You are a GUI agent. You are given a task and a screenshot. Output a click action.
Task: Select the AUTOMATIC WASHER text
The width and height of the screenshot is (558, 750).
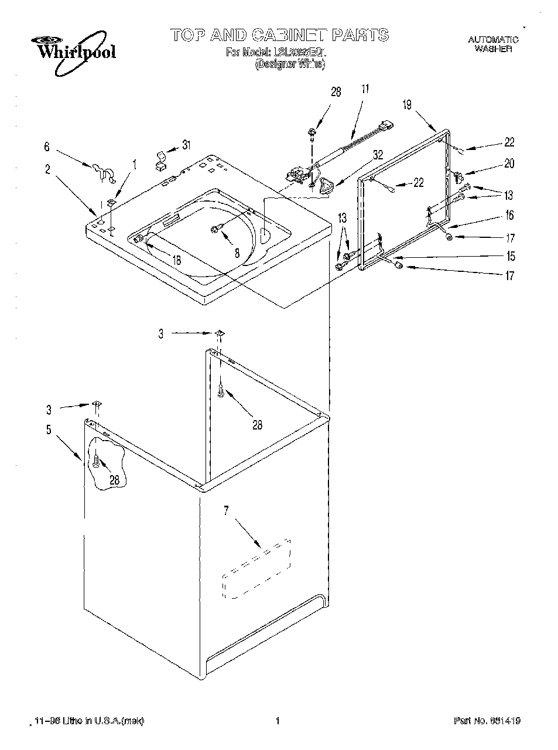tap(493, 45)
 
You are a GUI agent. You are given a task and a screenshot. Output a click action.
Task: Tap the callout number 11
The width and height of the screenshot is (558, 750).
tap(365, 89)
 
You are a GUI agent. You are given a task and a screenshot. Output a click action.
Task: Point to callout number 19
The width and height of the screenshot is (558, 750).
tap(408, 105)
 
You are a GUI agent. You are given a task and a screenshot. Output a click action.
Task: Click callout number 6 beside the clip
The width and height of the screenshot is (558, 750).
tap(47, 148)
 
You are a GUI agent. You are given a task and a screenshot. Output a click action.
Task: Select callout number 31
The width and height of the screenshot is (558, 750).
tap(186, 145)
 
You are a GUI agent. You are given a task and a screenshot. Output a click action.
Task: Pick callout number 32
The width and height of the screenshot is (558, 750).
tap(378, 155)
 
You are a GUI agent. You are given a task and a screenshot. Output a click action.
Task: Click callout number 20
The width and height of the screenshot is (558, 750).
tap(509, 164)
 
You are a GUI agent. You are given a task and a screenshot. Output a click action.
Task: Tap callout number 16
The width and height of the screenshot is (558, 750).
tap(509, 216)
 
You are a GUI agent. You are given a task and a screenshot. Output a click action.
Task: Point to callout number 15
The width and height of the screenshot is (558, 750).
tap(511, 256)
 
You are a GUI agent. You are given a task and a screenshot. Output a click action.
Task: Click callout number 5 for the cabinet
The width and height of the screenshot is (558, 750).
tap(49, 429)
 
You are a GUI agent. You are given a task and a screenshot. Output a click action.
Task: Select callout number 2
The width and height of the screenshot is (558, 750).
tap(47, 170)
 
